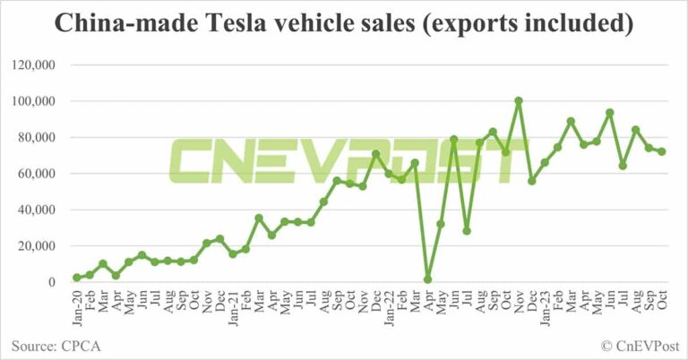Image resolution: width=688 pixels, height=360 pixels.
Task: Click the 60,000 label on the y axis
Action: [36, 174]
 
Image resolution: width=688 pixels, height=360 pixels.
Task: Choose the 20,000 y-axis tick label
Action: [36, 246]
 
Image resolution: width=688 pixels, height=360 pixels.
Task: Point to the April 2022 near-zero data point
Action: [427, 279]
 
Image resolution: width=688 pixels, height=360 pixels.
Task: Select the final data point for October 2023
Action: [662, 151]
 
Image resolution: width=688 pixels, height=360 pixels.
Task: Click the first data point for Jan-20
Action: [77, 278]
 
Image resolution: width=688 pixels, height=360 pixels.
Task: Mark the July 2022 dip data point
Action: [467, 230]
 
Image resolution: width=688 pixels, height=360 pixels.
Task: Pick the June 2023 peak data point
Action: [610, 113]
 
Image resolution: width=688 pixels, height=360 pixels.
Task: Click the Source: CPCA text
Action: [54, 344]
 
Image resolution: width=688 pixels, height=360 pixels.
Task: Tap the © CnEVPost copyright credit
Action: [639, 344]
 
